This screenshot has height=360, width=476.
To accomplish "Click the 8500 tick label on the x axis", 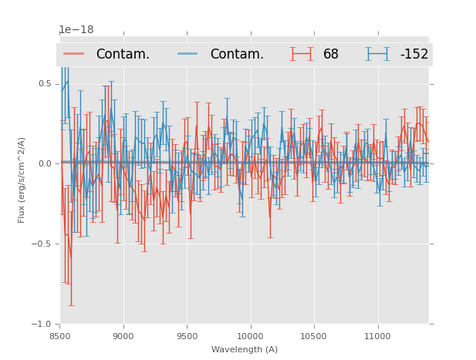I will pyautogui.click(x=60, y=336).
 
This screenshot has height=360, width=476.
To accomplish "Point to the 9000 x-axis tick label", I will pyautogui.click(x=123, y=336).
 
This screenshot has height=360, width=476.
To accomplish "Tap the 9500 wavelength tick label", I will pyautogui.click(x=187, y=336).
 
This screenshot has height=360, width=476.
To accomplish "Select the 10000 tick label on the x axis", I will pyautogui.click(x=250, y=336).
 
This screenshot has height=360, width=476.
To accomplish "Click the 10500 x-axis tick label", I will pyautogui.click(x=313, y=336).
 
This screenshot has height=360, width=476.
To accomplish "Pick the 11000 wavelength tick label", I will pyautogui.click(x=377, y=336).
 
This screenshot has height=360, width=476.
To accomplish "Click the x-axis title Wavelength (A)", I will pyautogui.click(x=245, y=349).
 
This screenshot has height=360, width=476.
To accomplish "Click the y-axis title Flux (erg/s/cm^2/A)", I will pyautogui.click(x=22, y=180).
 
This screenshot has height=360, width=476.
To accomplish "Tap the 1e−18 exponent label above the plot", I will pyautogui.click(x=76, y=30).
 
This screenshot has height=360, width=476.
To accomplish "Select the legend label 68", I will pyautogui.click(x=331, y=55).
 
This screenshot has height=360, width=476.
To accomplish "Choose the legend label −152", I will pyautogui.click(x=414, y=55).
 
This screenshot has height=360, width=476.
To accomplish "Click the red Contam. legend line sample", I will pyautogui.click(x=74, y=54).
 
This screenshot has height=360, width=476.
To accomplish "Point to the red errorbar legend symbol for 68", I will pyautogui.click(x=302, y=54).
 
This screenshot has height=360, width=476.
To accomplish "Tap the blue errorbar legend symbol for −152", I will pyautogui.click(x=378, y=54).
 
